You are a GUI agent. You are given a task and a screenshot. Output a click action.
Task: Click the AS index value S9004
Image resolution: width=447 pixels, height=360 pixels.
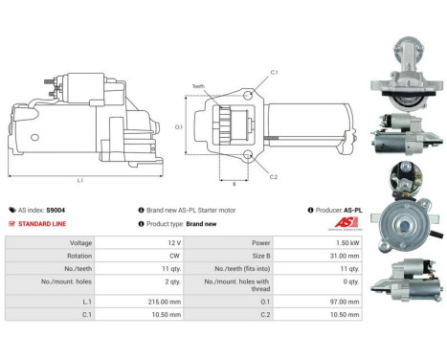tap(56, 210)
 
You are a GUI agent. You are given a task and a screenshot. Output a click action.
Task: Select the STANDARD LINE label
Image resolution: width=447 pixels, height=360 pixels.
tap(41, 223)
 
